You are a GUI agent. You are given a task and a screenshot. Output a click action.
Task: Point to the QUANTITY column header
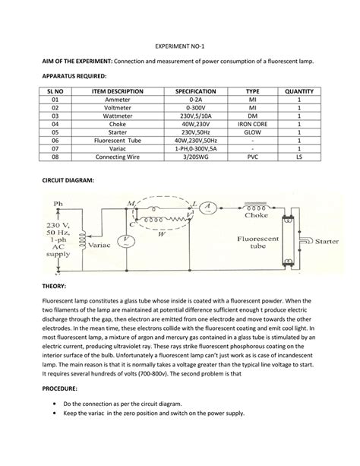point(299,91)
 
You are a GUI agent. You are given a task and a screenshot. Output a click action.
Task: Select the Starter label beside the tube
point(327,240)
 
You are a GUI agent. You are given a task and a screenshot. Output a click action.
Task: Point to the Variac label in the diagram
point(100,246)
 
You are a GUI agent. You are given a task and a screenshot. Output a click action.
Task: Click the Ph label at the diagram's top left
point(58,204)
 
